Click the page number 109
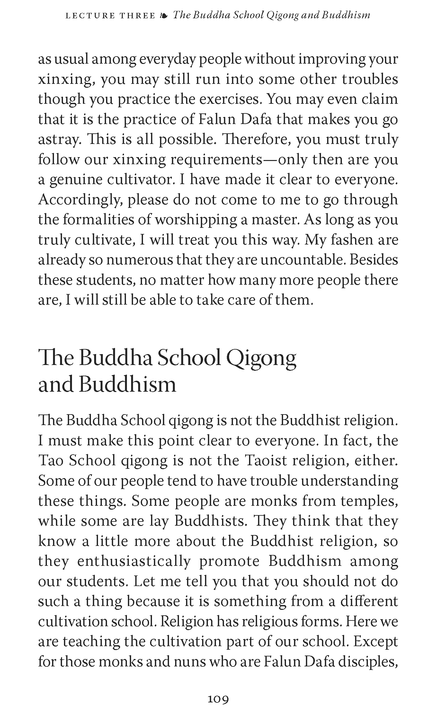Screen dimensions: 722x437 click(218, 699)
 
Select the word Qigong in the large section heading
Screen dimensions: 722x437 click(261, 359)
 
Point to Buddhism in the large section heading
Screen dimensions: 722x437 click(128, 385)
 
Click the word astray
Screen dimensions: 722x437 click(58, 140)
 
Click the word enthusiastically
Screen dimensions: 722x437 click(134, 561)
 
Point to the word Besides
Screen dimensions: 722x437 click(374, 260)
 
